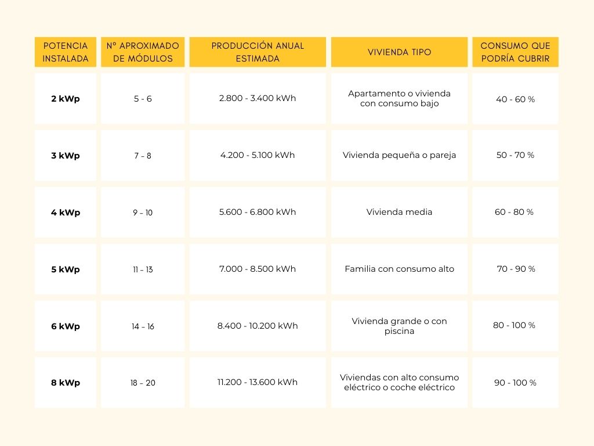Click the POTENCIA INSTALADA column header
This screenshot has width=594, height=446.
point(66,52)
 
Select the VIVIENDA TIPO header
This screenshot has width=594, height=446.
point(399,52)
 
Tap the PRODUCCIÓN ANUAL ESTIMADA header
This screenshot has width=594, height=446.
point(258,52)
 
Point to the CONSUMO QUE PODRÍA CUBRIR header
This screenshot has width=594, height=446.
point(515,52)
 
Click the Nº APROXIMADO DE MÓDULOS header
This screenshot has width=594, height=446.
point(143,52)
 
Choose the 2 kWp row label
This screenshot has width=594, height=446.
point(66,99)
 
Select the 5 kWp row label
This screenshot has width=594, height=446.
point(66,269)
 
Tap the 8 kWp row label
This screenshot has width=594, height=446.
point(66,383)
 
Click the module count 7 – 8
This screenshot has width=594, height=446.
point(143,156)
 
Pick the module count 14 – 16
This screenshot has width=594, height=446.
point(143,326)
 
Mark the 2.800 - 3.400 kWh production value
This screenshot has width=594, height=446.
point(258,98)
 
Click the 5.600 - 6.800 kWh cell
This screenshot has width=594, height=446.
point(258,212)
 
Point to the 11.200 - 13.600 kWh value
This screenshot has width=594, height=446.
point(258,382)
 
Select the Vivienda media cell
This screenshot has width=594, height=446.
point(399,212)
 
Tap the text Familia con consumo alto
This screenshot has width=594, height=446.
point(399,269)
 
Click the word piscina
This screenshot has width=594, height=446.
point(399,332)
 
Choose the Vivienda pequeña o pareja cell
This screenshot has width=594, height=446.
point(399,155)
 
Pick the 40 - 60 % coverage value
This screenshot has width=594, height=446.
point(515,99)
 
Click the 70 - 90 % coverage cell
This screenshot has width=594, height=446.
point(516,269)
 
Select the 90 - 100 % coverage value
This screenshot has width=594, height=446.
point(515,383)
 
